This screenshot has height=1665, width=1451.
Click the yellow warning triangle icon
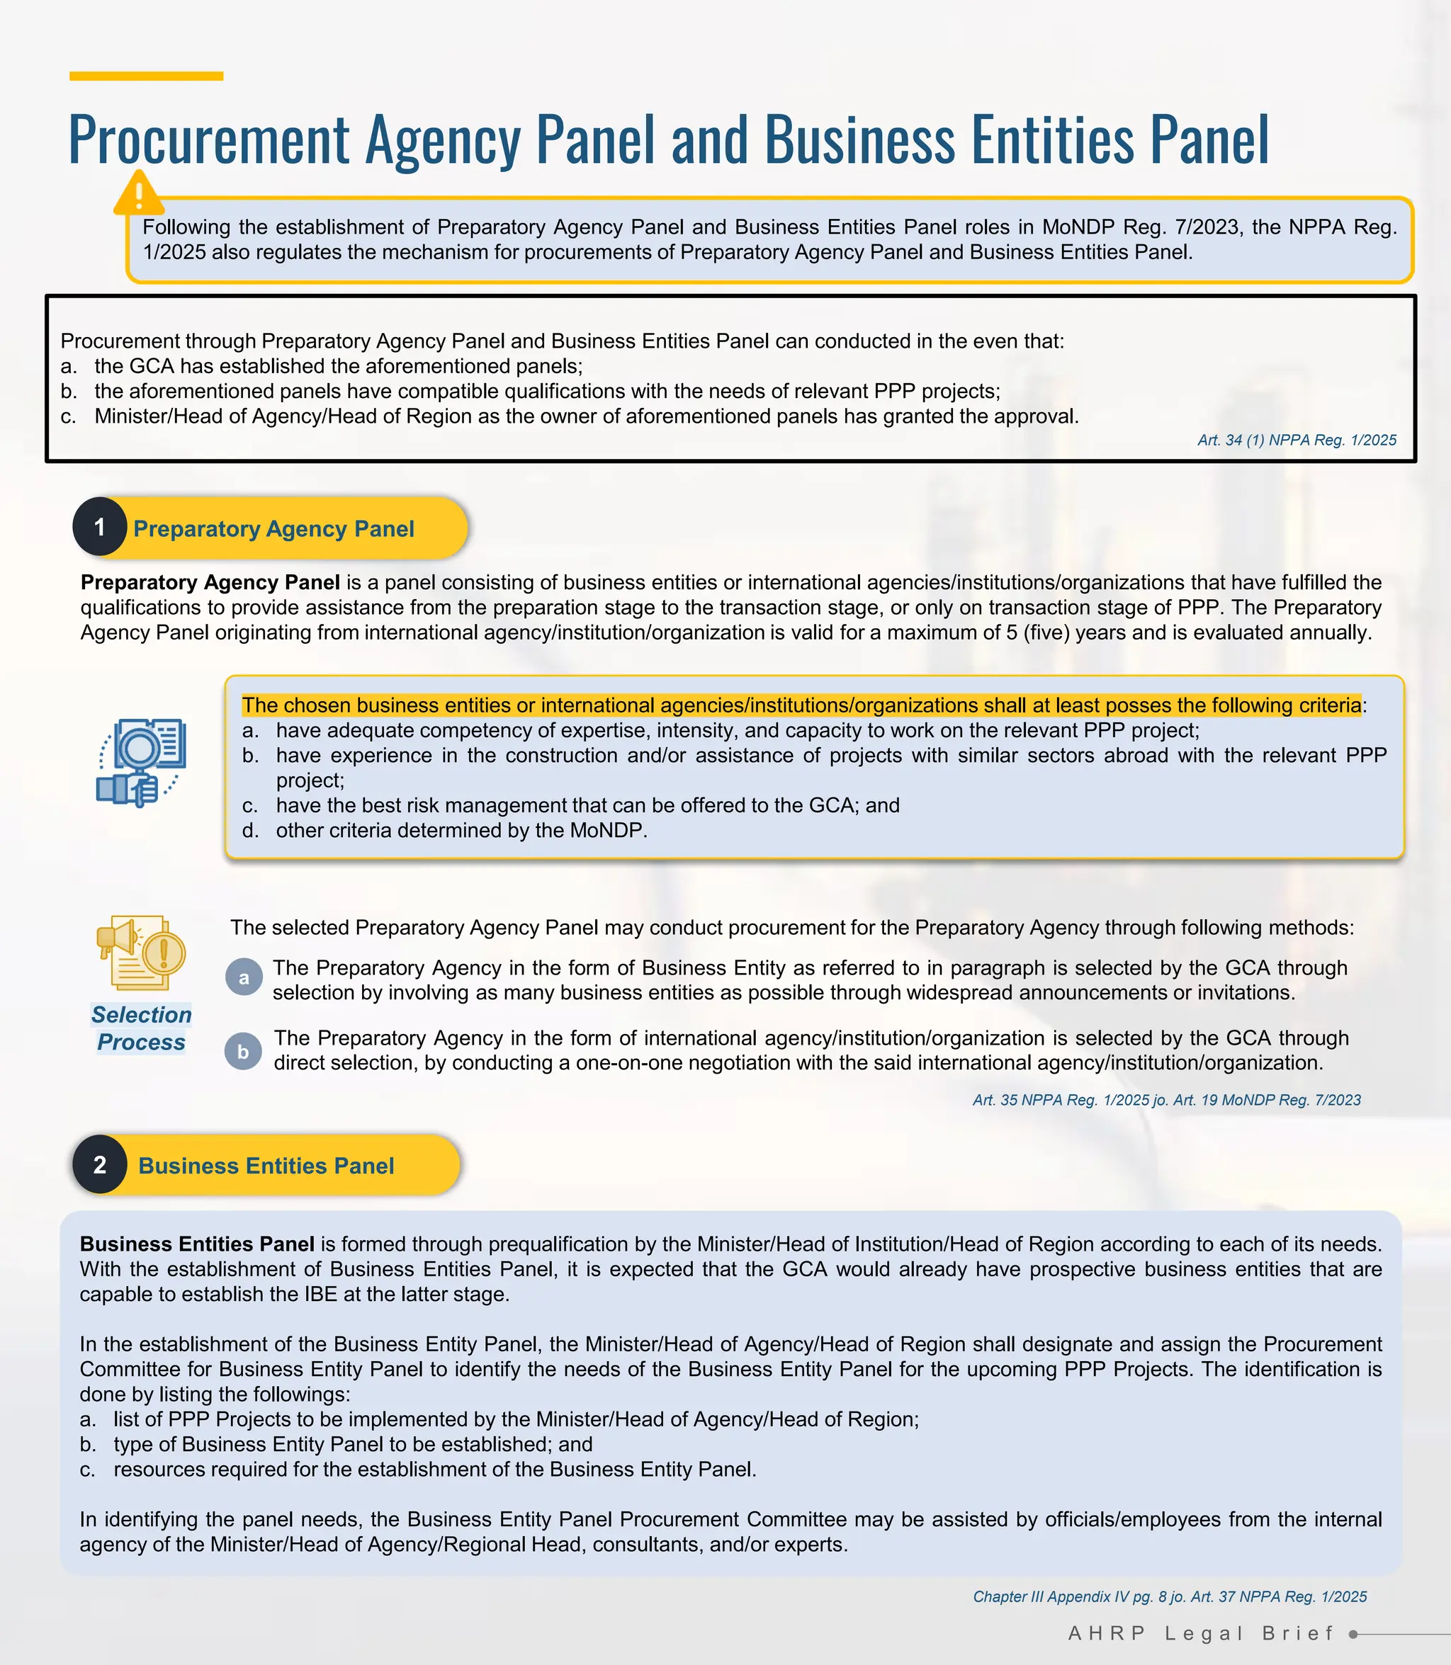pos(138,194)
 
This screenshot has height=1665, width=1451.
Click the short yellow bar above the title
pos(146,76)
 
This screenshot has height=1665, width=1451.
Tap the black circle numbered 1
pos(100,528)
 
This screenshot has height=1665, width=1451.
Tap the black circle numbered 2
pos(100,1165)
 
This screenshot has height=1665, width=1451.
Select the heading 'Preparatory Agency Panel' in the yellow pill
pos(273,528)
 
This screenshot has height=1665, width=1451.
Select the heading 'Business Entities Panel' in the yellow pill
pos(266,1166)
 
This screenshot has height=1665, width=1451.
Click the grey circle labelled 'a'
pos(244,978)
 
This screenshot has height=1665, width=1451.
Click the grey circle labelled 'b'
pos(243,1052)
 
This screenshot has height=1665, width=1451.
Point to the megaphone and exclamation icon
pos(142,953)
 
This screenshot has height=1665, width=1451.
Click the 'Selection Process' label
pos(142,1028)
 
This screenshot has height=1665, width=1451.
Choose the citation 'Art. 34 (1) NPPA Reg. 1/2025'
pos(1297,441)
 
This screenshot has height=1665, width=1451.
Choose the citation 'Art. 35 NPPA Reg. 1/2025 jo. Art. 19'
pos(1166,1100)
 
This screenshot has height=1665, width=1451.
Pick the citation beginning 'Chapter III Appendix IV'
pos(1169,1596)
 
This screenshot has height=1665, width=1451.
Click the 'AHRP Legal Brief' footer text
pos(1201,1633)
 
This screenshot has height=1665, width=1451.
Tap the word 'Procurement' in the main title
pos(209,140)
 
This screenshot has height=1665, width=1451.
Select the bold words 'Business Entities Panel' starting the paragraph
pos(197,1244)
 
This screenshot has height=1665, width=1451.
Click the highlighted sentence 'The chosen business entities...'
pos(801,705)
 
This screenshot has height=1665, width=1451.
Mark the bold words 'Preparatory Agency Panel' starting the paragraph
pos(210,583)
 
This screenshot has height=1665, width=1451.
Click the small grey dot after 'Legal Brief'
pos(1353,1635)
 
